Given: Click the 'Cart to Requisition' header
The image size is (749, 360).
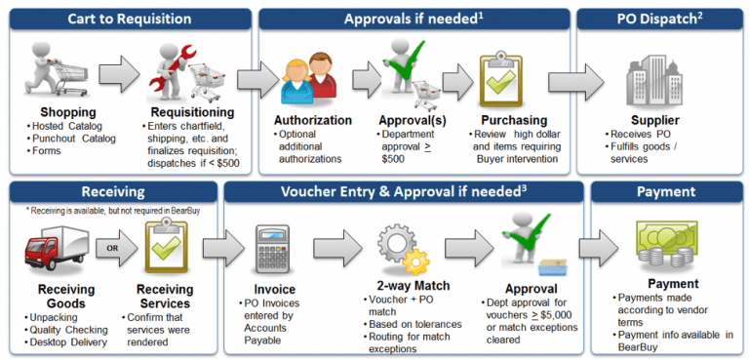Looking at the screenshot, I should point(128,19).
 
